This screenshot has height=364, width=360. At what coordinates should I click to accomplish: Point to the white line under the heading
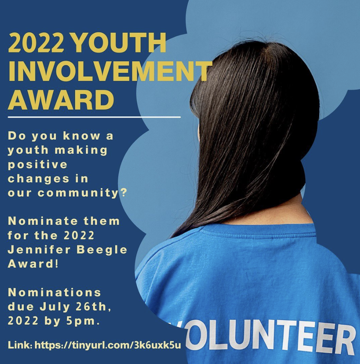[94, 117]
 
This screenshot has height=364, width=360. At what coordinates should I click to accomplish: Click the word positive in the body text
[38, 165]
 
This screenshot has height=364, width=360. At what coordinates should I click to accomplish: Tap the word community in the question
[78, 193]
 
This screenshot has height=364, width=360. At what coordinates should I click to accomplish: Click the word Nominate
[44, 221]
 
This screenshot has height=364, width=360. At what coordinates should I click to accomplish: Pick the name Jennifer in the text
[39, 250]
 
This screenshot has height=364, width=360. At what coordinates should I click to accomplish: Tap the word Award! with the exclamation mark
[33, 264]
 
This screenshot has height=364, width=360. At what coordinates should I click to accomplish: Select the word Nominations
[55, 293]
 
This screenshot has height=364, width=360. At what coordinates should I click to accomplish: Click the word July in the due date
[55, 308]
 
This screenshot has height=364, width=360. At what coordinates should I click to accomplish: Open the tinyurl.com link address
[107, 345]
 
